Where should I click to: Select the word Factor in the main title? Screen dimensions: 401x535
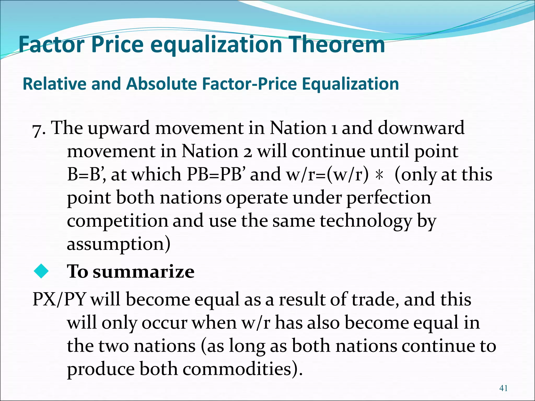click(51, 44)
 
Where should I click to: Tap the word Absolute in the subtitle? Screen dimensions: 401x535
click(161, 84)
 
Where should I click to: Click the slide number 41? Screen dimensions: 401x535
click(503, 388)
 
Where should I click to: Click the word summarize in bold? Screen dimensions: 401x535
click(144, 272)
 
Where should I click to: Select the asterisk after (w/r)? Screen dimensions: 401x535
click(379, 175)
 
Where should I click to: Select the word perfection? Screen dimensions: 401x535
click(389, 198)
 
